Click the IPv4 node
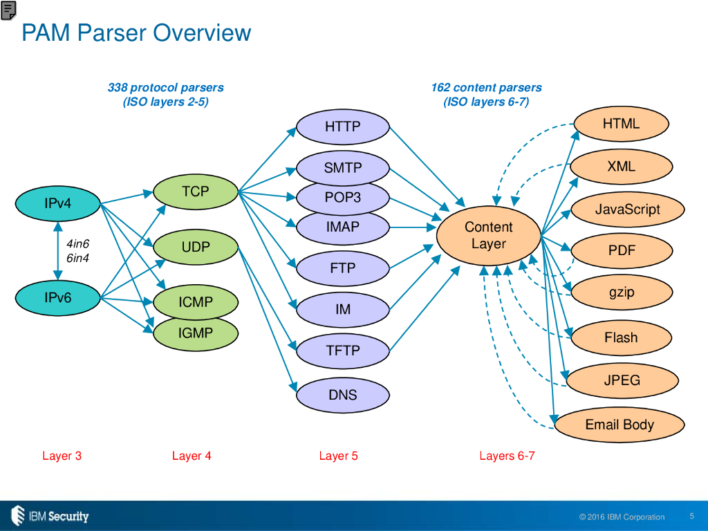(58, 203)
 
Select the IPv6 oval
(58, 298)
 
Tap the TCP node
(195, 192)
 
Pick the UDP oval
(195, 247)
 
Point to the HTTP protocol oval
(343, 127)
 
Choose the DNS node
(343, 395)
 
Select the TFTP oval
(343, 351)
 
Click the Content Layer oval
(488, 236)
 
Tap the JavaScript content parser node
(628, 209)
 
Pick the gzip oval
(622, 292)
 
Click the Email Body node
(619, 425)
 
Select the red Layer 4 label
(192, 456)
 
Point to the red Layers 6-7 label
(507, 456)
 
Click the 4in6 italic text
(77, 244)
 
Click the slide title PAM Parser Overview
(136, 32)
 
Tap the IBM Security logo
(50, 515)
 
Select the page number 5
(692, 515)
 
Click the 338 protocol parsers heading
(165, 88)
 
